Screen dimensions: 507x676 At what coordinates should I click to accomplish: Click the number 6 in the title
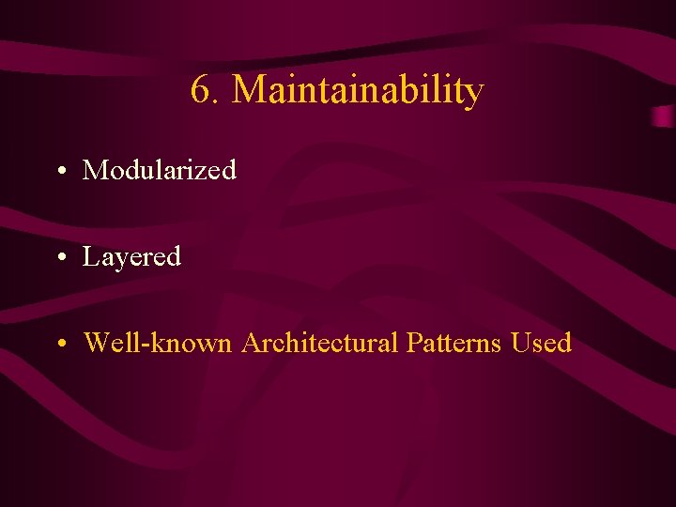[x=200, y=91]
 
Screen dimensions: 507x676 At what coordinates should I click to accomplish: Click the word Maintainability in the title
[x=358, y=91]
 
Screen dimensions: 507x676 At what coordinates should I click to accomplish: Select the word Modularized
[x=160, y=171]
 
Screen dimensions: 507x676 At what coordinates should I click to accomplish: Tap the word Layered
[x=131, y=257]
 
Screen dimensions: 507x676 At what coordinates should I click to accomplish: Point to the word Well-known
[x=158, y=343]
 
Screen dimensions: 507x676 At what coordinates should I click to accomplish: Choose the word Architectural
[x=320, y=343]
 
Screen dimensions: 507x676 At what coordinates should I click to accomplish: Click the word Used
[x=542, y=343]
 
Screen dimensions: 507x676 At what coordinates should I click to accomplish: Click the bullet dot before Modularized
[x=59, y=173]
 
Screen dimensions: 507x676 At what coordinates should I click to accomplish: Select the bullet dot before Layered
[x=59, y=258]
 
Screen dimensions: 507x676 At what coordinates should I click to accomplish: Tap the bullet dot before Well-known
[x=59, y=345]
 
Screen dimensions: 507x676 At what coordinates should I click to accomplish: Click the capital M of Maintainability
[x=247, y=91]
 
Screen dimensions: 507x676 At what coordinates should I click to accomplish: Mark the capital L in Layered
[x=91, y=256]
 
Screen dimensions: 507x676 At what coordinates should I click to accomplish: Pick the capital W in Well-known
[x=97, y=343]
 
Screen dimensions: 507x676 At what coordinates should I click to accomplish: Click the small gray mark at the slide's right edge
[x=664, y=116]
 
